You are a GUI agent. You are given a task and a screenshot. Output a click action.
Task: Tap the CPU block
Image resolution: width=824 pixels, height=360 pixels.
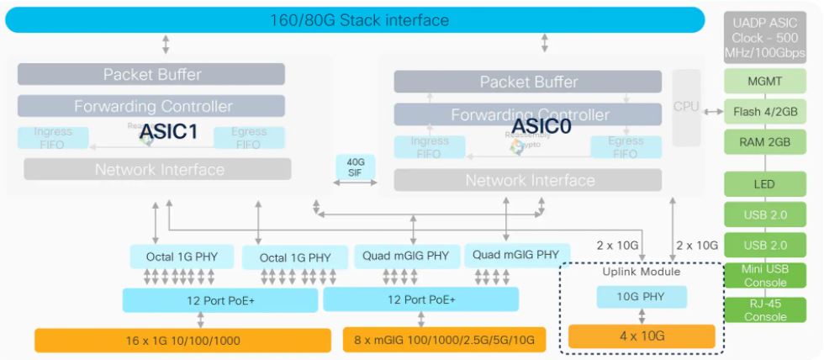686,107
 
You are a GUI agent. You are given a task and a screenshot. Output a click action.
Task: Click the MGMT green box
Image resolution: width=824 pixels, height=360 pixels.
765,82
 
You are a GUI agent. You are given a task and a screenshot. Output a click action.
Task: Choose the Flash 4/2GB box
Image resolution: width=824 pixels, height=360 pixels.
765,111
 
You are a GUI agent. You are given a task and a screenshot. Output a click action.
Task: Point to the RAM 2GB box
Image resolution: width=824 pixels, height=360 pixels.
765,140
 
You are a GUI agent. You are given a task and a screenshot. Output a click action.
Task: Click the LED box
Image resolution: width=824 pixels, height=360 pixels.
765,184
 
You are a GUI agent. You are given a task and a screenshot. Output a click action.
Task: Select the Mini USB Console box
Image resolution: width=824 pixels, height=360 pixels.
765,275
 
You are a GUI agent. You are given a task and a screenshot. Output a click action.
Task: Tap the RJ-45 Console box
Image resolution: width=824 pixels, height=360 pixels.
765,310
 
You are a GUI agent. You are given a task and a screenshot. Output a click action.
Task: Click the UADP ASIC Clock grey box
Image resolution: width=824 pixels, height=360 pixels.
765,38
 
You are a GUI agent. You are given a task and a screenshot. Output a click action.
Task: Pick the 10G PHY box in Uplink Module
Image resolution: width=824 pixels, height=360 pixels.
642,297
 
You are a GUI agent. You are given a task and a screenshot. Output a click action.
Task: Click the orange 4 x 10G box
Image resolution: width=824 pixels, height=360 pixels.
642,336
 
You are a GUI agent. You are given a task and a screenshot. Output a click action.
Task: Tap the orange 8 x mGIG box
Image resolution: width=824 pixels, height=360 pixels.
444,341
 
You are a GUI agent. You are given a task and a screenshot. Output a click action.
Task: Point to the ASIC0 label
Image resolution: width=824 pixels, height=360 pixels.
542,126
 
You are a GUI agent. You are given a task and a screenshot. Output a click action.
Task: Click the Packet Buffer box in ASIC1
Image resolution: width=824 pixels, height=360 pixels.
152,74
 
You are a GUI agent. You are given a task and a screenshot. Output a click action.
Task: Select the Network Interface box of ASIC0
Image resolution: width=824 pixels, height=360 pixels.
530,180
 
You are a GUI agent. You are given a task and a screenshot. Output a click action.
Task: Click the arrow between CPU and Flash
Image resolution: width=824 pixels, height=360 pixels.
712,111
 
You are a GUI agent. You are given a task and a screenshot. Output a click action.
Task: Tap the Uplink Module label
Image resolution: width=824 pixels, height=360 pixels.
642,272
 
